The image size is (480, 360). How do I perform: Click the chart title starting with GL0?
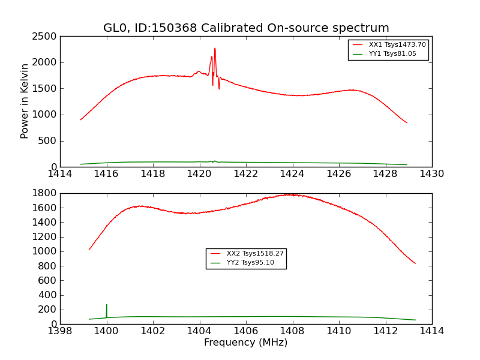[246, 28]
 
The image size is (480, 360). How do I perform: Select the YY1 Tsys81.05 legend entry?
[392, 54]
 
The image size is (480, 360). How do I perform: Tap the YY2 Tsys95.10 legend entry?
[250, 263]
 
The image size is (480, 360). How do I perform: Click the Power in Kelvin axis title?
[25, 101]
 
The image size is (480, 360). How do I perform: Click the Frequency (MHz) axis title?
[246, 343]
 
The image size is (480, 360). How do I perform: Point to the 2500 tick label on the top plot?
[46, 37]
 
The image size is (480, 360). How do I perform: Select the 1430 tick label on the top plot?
[431, 174]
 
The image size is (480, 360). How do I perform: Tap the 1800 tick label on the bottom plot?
[46, 193]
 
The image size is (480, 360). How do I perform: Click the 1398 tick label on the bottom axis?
[60, 331]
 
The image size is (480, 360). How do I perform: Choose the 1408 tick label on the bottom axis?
[292, 331]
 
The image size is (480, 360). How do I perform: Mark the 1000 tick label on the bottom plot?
[46, 251]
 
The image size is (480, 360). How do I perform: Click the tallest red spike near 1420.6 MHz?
[215, 49]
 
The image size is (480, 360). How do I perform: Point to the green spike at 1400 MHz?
[107, 305]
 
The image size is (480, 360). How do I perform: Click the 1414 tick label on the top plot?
[60, 174]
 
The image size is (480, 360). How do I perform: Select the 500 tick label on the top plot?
[49, 141]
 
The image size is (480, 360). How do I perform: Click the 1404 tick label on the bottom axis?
[199, 331]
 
